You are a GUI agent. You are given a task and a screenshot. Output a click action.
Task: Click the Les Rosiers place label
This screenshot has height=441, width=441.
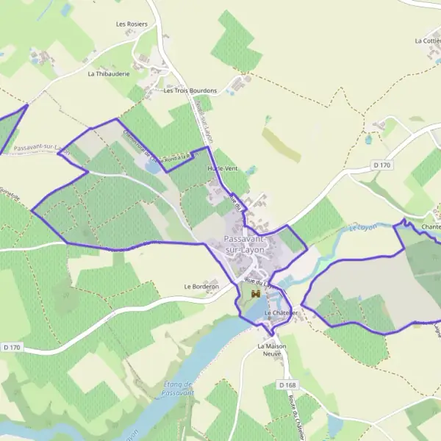point(132,24)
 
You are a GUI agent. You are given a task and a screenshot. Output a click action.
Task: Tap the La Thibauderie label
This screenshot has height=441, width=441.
point(109,74)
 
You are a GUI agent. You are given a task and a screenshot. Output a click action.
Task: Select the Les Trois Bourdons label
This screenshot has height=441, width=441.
point(190,91)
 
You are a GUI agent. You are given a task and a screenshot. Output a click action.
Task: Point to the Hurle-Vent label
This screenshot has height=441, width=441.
point(223,169)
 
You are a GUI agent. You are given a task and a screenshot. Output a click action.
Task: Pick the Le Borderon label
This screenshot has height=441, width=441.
point(201,286)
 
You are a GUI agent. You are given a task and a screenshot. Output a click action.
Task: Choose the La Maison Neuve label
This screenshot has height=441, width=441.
point(271,349)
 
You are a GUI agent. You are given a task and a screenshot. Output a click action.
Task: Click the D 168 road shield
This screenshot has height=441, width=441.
point(287,385)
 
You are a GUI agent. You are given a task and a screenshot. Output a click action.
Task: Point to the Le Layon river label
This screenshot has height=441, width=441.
point(362,227)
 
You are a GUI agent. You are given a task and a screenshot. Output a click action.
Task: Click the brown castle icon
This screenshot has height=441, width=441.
point(256,294)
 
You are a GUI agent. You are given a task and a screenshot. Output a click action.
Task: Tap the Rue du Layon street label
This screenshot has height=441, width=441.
point(259,282)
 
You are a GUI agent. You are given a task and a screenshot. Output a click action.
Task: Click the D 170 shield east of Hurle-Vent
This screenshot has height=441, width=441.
point(382,165)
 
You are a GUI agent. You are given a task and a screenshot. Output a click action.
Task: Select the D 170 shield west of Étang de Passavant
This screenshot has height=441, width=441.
point(12,346)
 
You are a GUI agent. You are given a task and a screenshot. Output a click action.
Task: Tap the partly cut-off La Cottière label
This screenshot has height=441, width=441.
point(428,41)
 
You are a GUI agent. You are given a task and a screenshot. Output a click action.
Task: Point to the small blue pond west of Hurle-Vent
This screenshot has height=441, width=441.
point(153,168)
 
